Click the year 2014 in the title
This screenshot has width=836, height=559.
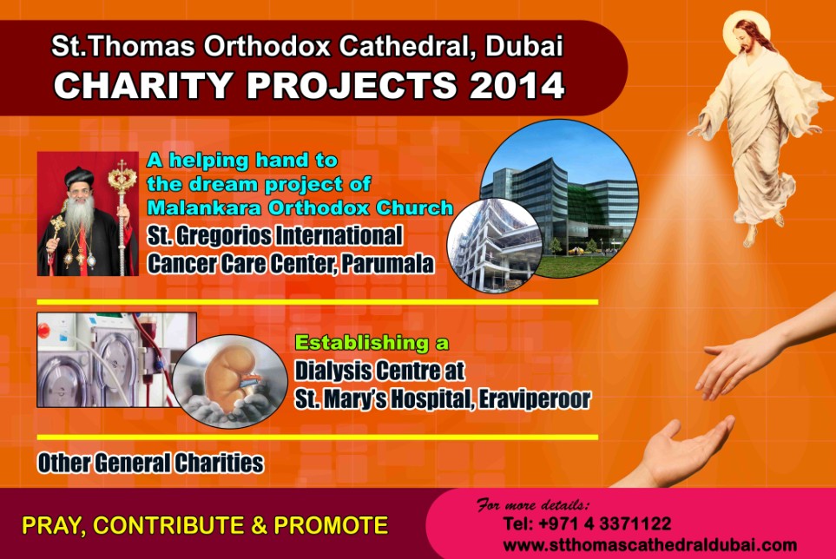coord(517,85)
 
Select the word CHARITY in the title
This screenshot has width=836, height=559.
coord(143,85)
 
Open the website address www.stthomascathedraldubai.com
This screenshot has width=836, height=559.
coord(650,545)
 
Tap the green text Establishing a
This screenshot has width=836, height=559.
coord(372,343)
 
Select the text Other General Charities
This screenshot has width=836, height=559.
coord(150,463)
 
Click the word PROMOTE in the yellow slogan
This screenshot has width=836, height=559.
coord(331,525)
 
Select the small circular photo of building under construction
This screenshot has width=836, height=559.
coord(494,246)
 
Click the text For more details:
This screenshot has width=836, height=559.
coord(533,504)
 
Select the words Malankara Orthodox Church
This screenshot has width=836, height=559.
coord(300,207)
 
